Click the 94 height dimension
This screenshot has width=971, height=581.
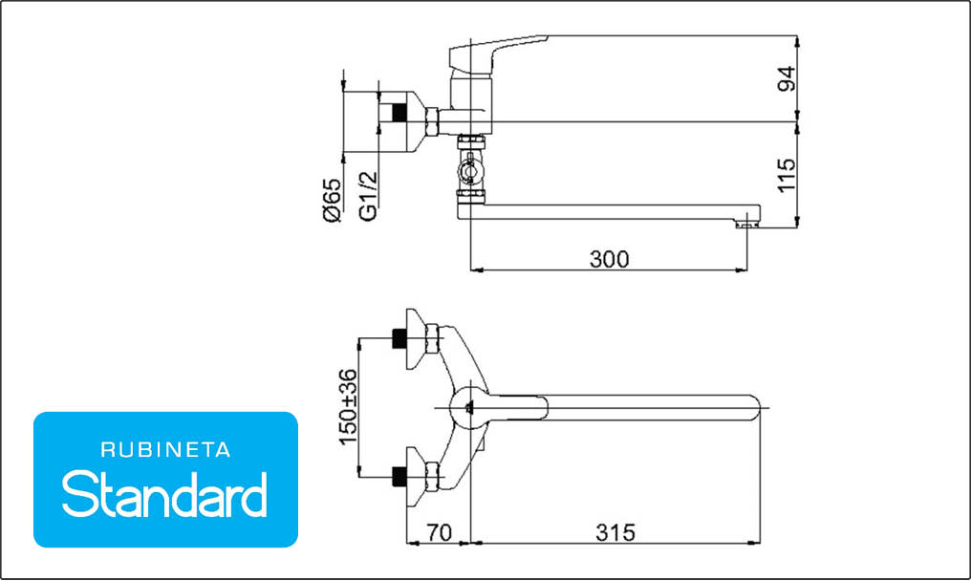[787, 78]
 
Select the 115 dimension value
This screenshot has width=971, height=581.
[787, 175]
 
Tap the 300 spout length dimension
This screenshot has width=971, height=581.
[610, 259]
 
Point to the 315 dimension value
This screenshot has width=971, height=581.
[615, 532]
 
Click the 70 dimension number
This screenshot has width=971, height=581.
[439, 532]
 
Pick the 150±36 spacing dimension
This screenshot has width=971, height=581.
[348, 407]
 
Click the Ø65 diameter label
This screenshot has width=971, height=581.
[332, 200]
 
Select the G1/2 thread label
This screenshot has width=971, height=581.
[368, 196]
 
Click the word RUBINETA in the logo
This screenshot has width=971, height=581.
[166, 450]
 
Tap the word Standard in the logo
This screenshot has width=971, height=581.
[164, 494]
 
